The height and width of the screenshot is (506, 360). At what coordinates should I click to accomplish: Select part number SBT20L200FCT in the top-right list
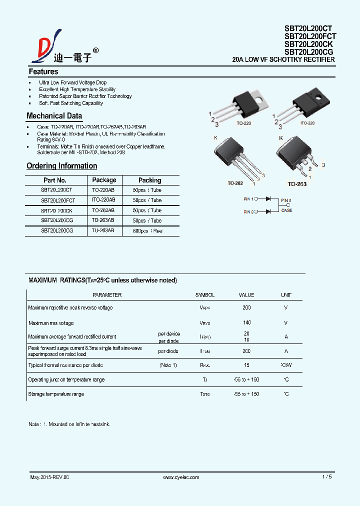pos(310,36)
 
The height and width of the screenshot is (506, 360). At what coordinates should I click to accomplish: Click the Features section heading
pos(43,71)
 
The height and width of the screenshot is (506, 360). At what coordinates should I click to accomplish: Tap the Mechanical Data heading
pos(54,116)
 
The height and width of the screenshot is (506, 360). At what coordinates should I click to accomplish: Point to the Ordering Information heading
pos(61,166)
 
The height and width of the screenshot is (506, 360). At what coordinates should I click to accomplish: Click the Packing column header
pos(149,180)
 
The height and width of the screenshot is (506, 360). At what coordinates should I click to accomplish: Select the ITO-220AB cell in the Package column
pos(103,200)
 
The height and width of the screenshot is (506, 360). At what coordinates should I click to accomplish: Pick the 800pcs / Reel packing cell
pos(147,231)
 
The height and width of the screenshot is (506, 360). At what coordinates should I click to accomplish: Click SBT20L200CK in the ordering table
pos(56,210)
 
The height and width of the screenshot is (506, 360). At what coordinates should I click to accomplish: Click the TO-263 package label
pos(297,184)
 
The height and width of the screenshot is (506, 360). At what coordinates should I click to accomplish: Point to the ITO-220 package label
pos(307,123)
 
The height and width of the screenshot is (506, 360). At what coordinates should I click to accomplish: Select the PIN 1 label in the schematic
pos(248,199)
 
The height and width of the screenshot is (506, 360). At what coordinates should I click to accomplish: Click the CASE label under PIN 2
pos(286,210)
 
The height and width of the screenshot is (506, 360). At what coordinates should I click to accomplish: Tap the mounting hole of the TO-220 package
pos(259,98)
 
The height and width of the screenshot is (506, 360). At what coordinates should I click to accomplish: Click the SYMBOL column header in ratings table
pos(204,295)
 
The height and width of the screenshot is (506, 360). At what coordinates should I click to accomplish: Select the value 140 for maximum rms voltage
pos(246,323)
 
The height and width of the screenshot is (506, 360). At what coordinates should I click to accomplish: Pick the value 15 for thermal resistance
pos(246,365)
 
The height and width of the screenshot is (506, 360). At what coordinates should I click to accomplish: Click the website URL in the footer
pos(181,477)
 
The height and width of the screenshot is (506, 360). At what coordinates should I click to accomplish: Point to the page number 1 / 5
pos(327,477)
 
